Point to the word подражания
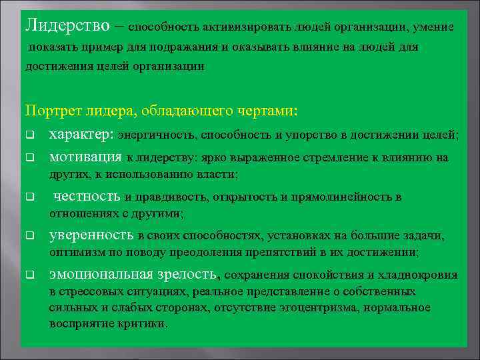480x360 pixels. pyautogui.click(x=180, y=47)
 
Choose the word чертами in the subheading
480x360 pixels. pyautogui.click(x=269, y=109)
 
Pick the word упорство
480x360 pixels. pyautogui.click(x=310, y=135)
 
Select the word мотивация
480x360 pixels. pyautogui.click(x=85, y=158)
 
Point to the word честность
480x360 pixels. pyautogui.click(x=87, y=197)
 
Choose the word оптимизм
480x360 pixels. pyautogui.click(x=73, y=253)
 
